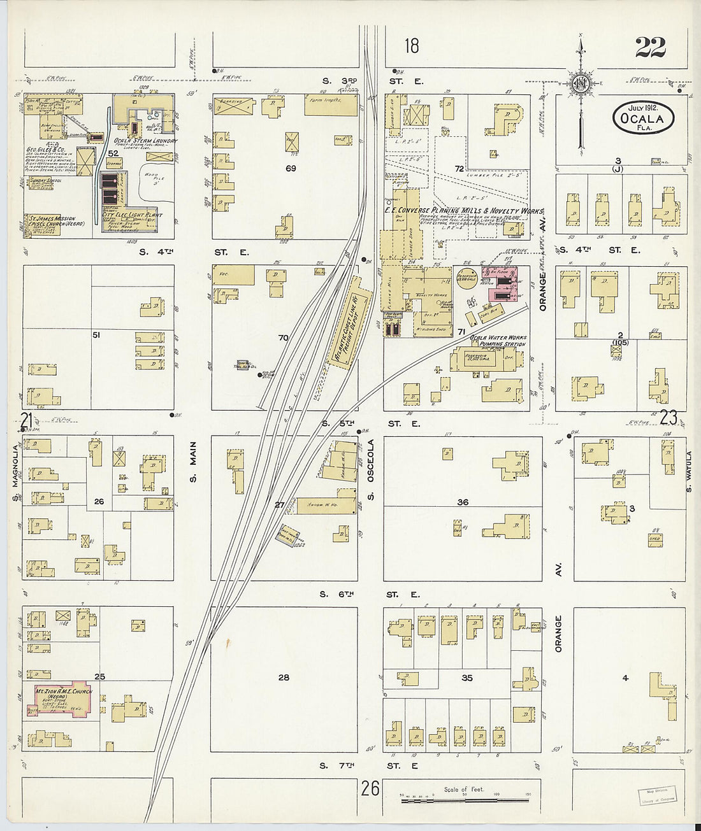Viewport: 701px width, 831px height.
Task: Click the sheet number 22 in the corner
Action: pos(650,47)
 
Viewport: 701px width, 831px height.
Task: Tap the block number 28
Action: pos(284,678)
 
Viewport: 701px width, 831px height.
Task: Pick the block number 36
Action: pos(463,502)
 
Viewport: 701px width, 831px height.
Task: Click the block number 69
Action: pos(291,168)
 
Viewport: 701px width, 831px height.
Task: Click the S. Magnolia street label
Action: pos(14,470)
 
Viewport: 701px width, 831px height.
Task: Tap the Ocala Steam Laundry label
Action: pos(146,141)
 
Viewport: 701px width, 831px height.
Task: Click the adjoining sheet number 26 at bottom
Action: pos(370,789)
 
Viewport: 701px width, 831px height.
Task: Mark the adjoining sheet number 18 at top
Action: pos(412,46)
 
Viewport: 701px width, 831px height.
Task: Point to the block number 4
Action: pos(625,678)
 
